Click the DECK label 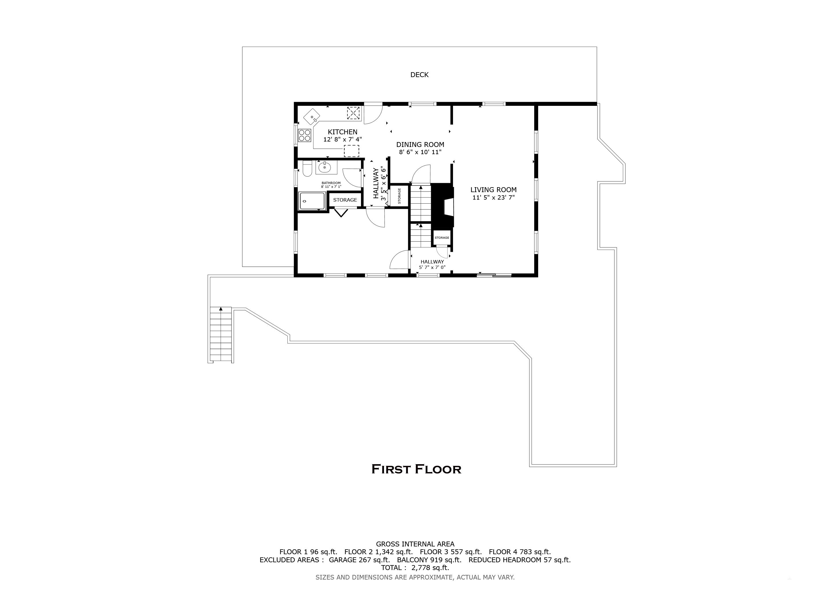pos(419,75)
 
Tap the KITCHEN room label pos(343,132)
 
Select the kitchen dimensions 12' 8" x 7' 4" pos(343,139)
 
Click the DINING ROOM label pos(420,144)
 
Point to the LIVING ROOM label pos(493,190)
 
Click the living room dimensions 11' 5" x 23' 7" pos(493,198)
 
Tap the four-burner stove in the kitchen pos(304,135)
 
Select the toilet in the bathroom pos(307,169)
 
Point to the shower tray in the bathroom pos(312,201)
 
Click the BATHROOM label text pos(331,183)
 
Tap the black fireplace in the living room pos(443,205)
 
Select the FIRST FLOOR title pos(416,469)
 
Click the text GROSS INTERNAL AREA pos(415,544)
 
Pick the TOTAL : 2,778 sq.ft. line pos(415,568)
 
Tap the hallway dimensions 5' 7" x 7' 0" pos(432,267)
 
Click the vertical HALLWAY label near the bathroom pos(376,183)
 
